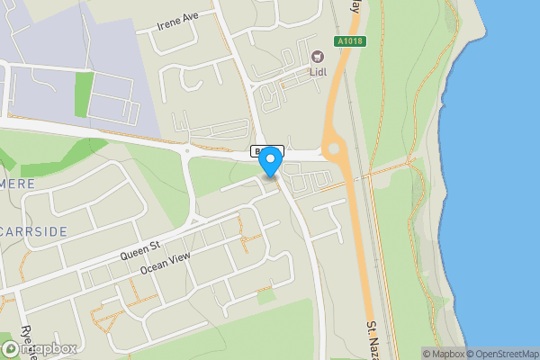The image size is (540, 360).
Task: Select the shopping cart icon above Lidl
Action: coord(317,56)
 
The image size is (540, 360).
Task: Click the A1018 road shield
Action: coord(351,41)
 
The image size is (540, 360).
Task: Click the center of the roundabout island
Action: coord(336,149)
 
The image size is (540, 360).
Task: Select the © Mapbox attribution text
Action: coord(443,354)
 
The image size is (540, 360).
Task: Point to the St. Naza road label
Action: coord(375,337)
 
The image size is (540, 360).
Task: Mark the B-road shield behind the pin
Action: coord(259,150)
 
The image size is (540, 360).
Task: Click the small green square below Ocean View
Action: coord(265,296)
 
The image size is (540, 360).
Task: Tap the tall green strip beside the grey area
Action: coord(84,94)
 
